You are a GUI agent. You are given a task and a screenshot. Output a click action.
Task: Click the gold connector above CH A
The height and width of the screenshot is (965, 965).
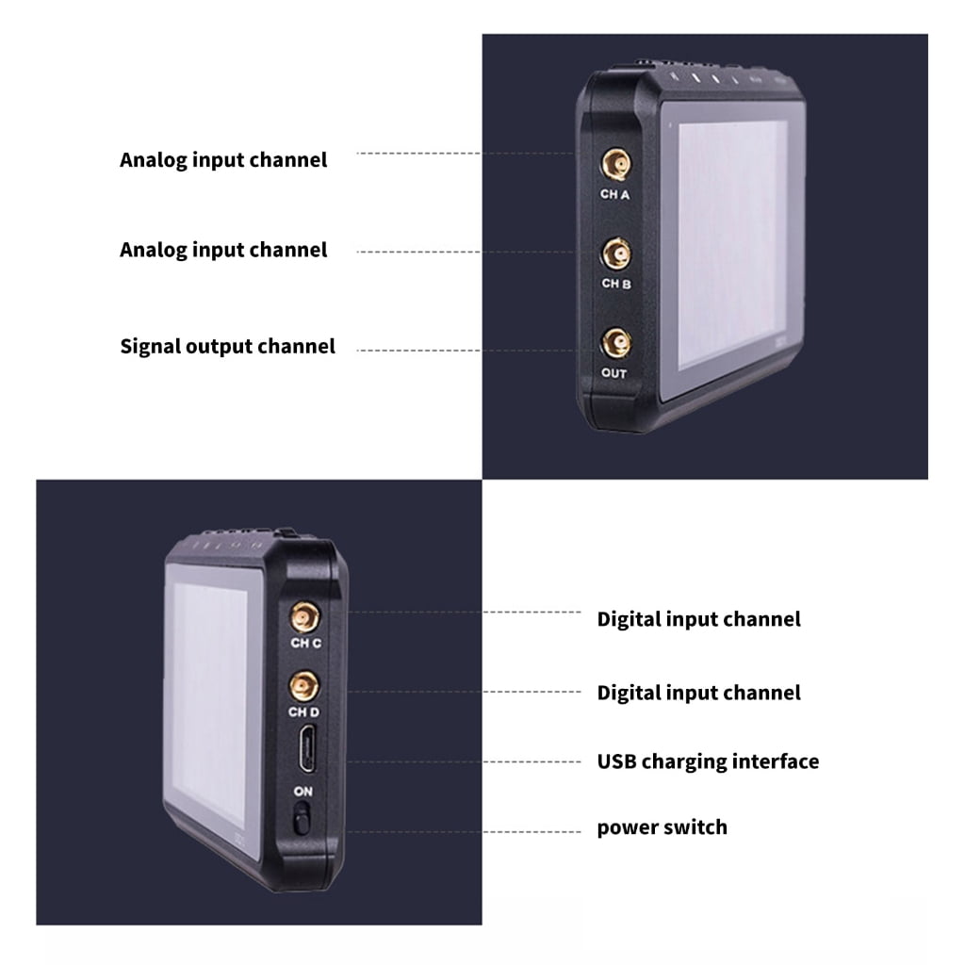pyautogui.click(x=616, y=164)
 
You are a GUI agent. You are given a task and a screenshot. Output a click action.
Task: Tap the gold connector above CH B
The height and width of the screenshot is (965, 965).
pyautogui.click(x=616, y=254)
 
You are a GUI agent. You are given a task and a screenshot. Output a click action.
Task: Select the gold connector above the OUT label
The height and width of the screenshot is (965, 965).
pyautogui.click(x=616, y=343)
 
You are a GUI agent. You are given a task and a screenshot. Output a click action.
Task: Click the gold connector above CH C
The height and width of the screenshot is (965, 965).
pyautogui.click(x=304, y=616)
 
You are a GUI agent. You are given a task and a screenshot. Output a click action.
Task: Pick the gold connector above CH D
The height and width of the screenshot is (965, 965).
pyautogui.click(x=304, y=686)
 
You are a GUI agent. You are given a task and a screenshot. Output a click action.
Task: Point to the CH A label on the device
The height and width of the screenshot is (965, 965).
pyautogui.click(x=614, y=194)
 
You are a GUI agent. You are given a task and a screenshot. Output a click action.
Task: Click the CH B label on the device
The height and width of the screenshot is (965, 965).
pyautogui.click(x=616, y=284)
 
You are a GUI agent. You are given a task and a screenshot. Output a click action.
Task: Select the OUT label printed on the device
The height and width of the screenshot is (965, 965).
pyautogui.click(x=613, y=373)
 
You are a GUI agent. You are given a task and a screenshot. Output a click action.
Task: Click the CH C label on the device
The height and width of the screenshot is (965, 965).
pyautogui.click(x=306, y=643)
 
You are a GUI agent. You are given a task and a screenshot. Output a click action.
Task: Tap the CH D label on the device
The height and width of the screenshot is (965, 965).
pyautogui.click(x=304, y=712)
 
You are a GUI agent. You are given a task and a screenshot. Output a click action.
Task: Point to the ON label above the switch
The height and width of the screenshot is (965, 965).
pyautogui.click(x=303, y=792)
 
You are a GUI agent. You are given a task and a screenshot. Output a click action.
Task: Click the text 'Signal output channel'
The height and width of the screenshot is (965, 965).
pyautogui.click(x=228, y=347)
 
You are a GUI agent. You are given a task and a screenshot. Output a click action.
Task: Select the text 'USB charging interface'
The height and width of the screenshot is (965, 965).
pyautogui.click(x=708, y=761)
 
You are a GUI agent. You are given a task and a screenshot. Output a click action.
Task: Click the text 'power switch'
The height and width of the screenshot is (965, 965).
pyautogui.click(x=662, y=827)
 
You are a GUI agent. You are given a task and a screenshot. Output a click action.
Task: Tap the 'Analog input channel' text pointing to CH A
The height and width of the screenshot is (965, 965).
pyautogui.click(x=223, y=160)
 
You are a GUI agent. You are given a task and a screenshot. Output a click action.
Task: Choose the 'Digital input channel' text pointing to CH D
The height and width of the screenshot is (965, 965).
pyautogui.click(x=698, y=693)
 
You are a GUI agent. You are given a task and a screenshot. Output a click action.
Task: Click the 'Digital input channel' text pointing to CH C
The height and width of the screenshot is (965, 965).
pyautogui.click(x=698, y=619)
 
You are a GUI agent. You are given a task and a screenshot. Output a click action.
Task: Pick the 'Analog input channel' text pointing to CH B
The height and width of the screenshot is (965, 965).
pyautogui.click(x=223, y=250)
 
